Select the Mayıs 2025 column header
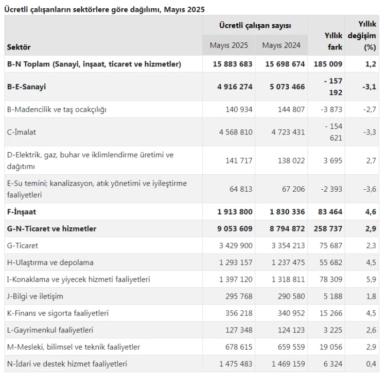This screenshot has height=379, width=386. (x=229, y=45)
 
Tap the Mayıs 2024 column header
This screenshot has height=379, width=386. (x=281, y=45)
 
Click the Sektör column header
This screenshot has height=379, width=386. (x=19, y=47)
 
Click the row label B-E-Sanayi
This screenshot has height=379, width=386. (x=26, y=87)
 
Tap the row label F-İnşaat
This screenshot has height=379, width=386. (x=22, y=211)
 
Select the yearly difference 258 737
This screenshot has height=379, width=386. (x=327, y=228)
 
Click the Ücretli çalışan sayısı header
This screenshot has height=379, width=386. (x=255, y=25)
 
